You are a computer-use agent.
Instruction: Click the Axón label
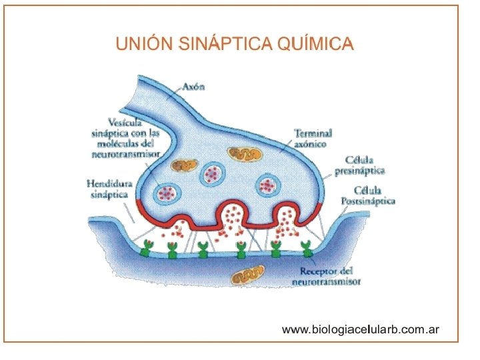point(193,87)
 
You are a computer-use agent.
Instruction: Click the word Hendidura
point(109,183)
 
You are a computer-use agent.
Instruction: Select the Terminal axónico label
point(313,139)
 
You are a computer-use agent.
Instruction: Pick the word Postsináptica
point(368,201)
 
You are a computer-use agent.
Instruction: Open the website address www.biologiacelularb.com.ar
point(361,329)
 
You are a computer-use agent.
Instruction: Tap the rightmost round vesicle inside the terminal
point(268,185)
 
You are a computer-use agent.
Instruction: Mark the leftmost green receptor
point(146,249)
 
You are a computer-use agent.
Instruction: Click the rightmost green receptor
point(307,250)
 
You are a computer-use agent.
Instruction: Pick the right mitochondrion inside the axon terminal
point(244,154)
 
